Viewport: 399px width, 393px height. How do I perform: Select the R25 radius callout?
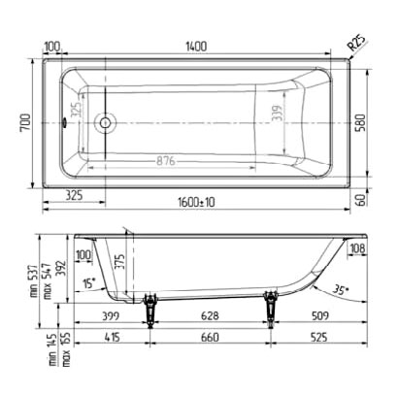358,44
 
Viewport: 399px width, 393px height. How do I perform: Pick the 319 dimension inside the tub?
276,118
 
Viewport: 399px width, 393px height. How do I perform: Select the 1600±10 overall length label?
196,201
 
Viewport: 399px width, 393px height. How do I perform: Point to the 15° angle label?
88,283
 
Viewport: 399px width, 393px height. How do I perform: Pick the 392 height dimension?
59,268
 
